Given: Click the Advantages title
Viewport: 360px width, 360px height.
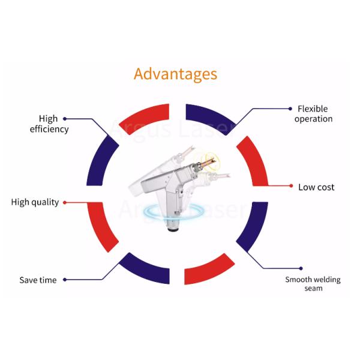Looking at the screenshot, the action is (175, 74).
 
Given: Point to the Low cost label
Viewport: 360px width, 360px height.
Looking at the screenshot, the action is (316, 187).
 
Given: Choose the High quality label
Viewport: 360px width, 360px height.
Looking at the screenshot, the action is (35, 202).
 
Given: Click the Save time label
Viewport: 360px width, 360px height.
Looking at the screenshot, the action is (38, 280).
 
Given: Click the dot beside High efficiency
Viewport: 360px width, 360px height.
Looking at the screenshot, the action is (65, 118).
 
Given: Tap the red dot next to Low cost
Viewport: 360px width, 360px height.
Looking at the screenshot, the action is (291, 187).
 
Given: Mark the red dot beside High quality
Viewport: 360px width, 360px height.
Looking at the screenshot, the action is (65, 202).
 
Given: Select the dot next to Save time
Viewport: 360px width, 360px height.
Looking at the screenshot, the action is (65, 280).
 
